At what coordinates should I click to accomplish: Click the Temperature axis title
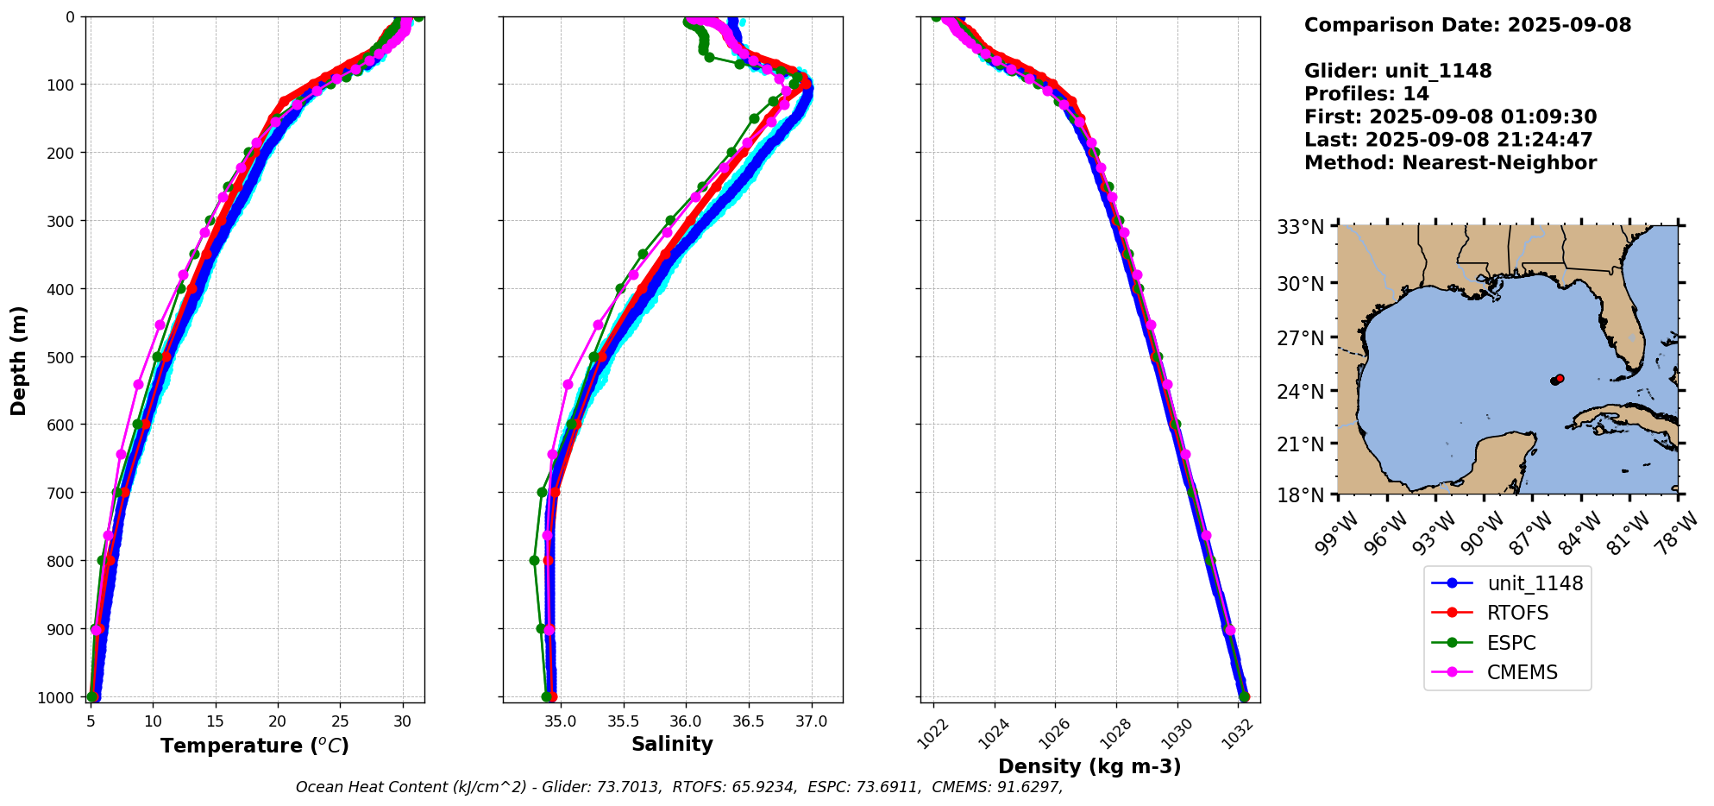(254, 746)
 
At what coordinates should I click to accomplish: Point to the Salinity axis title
(672, 745)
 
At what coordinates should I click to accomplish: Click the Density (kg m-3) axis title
(1089, 766)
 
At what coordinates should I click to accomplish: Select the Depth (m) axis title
(19, 360)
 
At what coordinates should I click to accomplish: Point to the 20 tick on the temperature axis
(278, 721)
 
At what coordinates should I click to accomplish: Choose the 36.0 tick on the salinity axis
(686, 721)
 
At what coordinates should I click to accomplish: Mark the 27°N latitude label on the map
(1300, 337)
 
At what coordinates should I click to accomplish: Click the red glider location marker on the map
(1560, 378)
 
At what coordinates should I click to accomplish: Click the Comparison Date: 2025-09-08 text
(1467, 25)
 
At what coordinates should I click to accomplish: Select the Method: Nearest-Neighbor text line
(1450, 163)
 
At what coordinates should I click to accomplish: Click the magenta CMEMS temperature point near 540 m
(138, 384)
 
